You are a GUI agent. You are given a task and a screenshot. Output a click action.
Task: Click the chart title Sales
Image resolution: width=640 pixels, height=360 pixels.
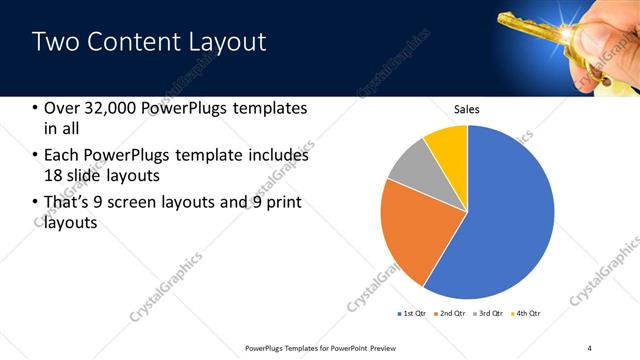[467, 108]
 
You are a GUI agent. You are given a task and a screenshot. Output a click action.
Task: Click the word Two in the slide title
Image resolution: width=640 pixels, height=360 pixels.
[55, 42]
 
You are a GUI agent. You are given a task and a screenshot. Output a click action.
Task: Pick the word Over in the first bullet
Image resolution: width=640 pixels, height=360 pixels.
[63, 109]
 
